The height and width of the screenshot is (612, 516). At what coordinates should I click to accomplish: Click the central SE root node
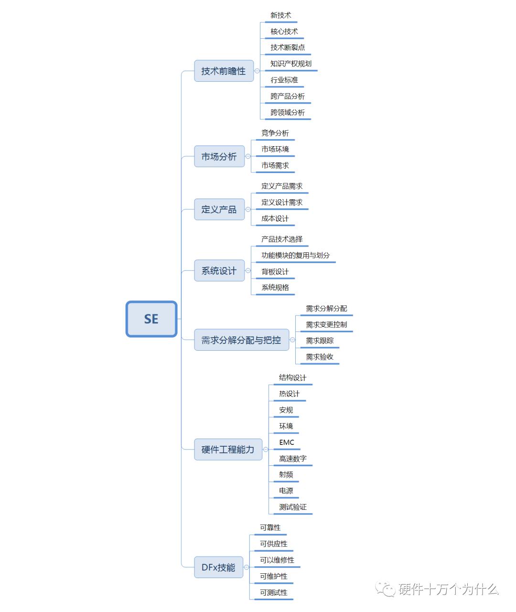(x=151, y=319)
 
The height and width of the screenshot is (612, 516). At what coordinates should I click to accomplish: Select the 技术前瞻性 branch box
(x=224, y=71)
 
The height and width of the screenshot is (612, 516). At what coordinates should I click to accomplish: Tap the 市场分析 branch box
(x=219, y=157)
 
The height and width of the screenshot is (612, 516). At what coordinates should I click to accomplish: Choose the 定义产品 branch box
(x=219, y=209)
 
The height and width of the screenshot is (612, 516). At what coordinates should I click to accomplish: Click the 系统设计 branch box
(x=219, y=270)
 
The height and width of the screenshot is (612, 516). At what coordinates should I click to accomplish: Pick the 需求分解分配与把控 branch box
(x=242, y=340)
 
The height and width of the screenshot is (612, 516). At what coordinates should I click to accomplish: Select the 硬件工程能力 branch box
(x=228, y=450)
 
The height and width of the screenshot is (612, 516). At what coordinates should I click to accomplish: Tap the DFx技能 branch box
(x=218, y=567)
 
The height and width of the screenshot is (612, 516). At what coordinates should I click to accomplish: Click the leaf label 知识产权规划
(x=291, y=64)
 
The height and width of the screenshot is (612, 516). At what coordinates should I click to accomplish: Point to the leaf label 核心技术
(x=284, y=32)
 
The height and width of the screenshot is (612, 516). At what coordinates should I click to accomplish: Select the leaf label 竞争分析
(x=275, y=133)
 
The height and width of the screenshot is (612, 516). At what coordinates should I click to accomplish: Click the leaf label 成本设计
(x=275, y=218)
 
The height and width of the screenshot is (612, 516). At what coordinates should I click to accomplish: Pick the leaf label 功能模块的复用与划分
(x=296, y=255)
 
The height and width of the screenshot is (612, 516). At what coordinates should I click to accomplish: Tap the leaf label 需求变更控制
(x=326, y=324)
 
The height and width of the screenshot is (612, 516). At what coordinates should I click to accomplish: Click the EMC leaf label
(x=287, y=442)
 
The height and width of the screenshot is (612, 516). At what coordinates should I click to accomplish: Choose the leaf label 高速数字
(x=292, y=459)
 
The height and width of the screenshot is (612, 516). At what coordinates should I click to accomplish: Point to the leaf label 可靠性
(x=270, y=527)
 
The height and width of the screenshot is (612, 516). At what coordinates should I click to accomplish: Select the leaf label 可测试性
(x=274, y=592)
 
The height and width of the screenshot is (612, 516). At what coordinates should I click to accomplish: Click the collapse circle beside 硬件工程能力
(x=266, y=450)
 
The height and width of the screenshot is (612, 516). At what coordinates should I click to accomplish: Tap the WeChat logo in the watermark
(x=385, y=589)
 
